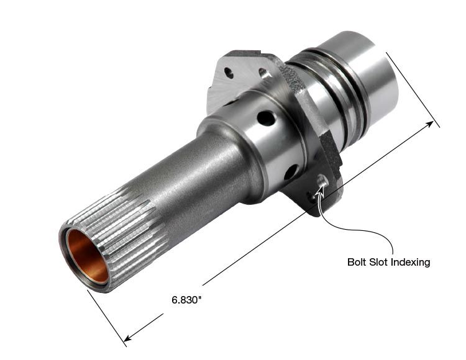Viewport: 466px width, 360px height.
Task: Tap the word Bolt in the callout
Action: pos(357,262)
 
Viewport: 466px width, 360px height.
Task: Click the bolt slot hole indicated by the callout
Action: pos(322,181)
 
